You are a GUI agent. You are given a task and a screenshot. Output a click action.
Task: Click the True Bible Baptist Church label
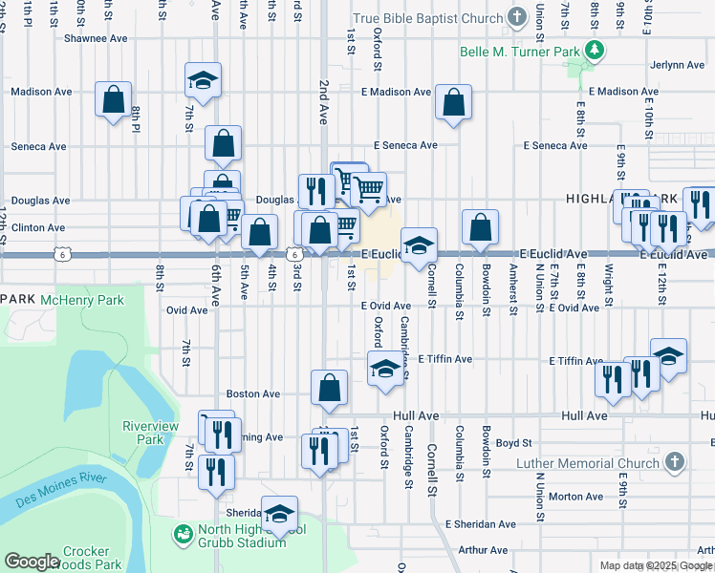click(427, 19)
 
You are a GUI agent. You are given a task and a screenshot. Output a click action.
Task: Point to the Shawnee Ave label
click(96, 39)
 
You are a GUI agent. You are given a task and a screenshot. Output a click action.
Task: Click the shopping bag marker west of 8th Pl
click(114, 99)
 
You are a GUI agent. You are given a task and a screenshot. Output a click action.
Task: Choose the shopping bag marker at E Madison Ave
click(453, 102)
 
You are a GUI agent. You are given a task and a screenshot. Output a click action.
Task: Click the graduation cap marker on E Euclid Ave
click(418, 246)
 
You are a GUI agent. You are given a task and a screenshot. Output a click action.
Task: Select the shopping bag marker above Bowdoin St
click(480, 228)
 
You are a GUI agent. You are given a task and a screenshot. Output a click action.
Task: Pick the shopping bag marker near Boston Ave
click(329, 388)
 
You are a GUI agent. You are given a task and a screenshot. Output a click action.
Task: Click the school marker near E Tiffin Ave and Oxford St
click(384, 369)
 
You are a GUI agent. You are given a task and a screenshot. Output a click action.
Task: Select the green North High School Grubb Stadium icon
click(182, 531)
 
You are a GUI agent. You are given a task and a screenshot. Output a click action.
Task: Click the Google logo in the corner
click(32, 562)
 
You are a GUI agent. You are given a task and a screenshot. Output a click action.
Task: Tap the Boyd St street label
click(513, 443)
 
